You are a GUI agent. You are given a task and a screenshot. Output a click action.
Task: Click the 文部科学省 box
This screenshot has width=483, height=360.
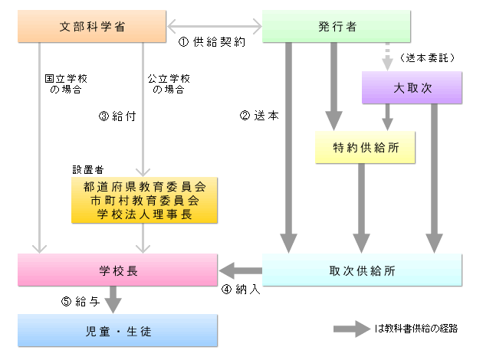click(93, 27)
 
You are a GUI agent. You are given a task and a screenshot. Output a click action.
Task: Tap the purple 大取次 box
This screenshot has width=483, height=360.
click(413, 87)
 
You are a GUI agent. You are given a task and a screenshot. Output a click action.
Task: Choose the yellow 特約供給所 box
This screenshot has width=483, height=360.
click(365, 147)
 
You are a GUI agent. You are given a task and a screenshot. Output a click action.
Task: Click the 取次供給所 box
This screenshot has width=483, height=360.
click(362, 270)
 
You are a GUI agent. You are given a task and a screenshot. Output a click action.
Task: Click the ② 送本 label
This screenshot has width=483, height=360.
click(259, 116)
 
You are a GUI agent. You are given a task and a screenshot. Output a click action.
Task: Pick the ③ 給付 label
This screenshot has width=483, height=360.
click(117, 116)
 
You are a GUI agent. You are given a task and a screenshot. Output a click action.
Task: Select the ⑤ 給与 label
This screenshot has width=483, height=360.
click(78, 301)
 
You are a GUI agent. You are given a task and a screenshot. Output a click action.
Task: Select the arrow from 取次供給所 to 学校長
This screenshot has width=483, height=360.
click(241, 270)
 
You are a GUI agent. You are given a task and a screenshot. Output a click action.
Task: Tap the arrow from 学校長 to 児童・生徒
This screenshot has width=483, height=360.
click(113, 299)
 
